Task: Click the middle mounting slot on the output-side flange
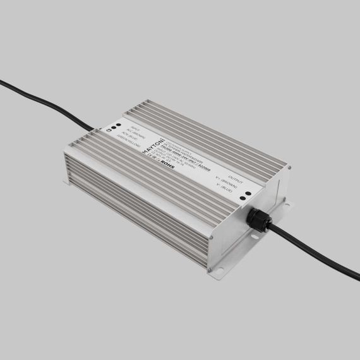tap(255, 238)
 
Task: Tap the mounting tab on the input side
tap(66, 181)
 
